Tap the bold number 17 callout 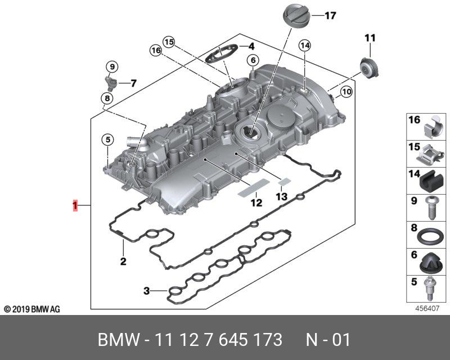click(330, 16)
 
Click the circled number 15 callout click(169, 41)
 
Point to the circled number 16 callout click(156, 51)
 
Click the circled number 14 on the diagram click(305, 45)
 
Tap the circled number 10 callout click(346, 91)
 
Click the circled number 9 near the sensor click(112, 67)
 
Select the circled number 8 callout click(105, 100)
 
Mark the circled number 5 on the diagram click(107, 139)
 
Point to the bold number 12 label click(256, 202)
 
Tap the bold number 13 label click(281, 196)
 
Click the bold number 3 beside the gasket click(146, 291)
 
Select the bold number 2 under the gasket click(123, 261)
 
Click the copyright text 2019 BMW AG click(32, 309)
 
